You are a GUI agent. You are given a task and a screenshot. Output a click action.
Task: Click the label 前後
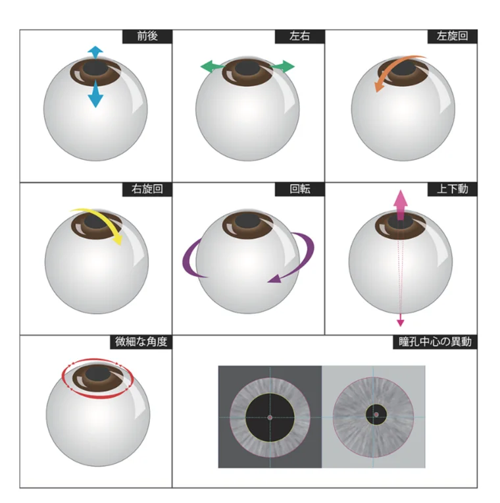point(147,36)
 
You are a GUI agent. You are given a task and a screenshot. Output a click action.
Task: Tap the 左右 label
point(300,36)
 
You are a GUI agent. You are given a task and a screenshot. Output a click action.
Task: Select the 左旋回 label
point(452,36)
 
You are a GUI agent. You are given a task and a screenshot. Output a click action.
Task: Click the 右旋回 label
point(147,189)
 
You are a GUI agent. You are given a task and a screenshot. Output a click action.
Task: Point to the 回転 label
point(300,189)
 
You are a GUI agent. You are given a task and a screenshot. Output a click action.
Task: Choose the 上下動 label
point(452,189)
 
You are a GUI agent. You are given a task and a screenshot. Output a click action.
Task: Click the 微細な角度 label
point(141,342)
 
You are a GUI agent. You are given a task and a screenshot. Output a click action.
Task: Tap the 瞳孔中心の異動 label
point(435,342)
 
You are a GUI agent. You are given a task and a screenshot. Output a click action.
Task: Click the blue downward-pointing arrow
point(95,93)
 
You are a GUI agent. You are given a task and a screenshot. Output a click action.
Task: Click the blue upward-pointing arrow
point(95,53)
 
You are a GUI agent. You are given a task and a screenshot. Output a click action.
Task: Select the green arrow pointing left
point(213,66)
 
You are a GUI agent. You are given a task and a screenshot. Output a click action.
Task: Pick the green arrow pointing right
point(283,66)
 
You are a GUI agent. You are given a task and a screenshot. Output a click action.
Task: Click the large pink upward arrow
point(400,205)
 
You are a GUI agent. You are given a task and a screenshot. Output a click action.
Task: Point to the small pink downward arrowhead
point(400,323)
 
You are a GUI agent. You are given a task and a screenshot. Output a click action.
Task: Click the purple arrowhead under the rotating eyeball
point(275,278)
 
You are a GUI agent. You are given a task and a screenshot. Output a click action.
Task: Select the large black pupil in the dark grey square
point(270,417)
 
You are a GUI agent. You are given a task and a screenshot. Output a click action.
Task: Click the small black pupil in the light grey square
point(376,415)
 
